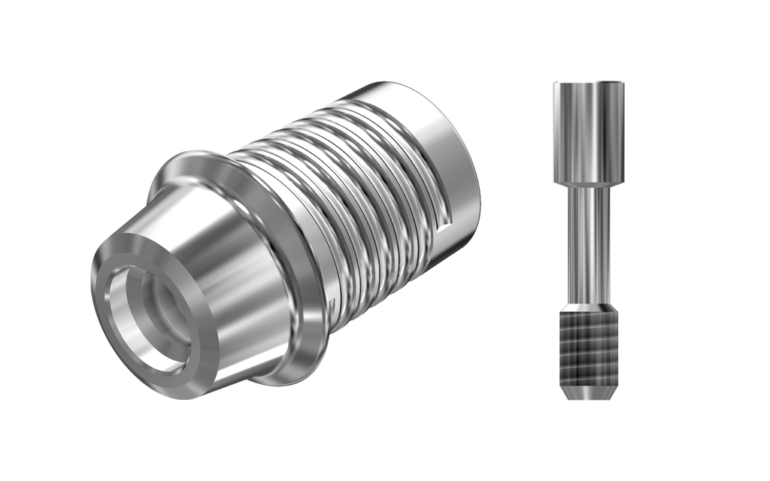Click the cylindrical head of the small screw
(589, 132)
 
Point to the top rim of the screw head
(589, 82)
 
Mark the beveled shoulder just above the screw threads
(589, 309)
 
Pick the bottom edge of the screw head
(589, 182)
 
